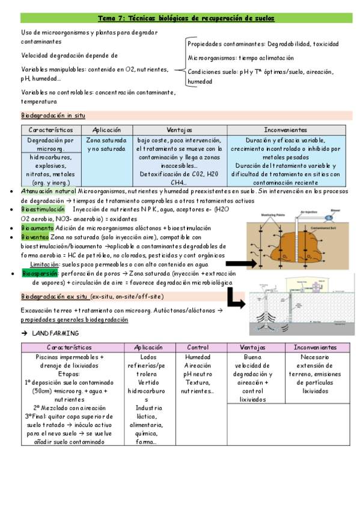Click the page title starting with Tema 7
(x=186, y=19)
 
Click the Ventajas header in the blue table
(x=180, y=130)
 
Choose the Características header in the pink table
(x=69, y=347)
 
